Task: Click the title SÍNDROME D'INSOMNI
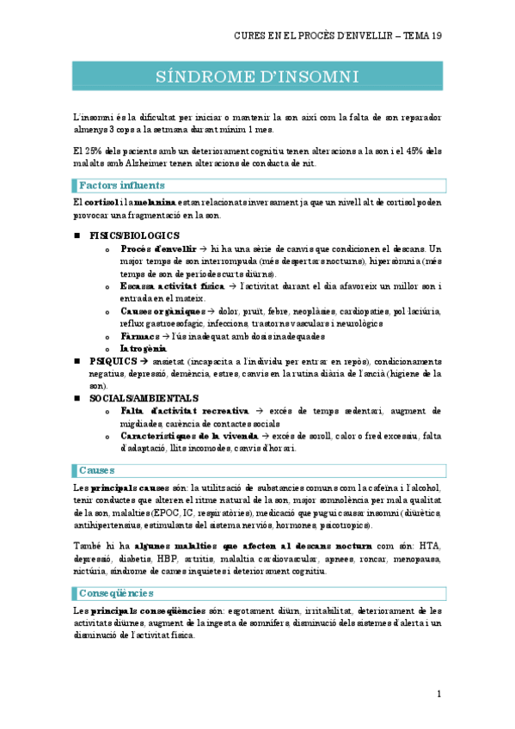point(257,77)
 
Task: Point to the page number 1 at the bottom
point(438,693)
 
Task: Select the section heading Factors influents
point(122,185)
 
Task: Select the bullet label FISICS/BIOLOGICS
point(134,235)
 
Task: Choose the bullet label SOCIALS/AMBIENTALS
point(144,398)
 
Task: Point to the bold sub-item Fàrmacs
point(139,336)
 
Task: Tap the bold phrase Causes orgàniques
point(162,310)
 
